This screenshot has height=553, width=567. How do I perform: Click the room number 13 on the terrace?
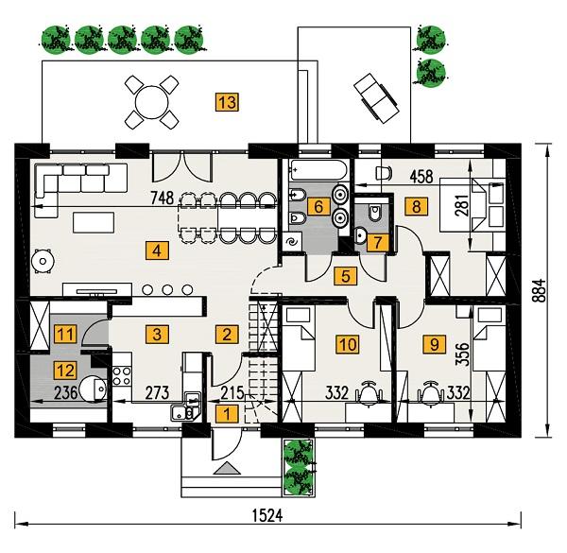tap(226, 100)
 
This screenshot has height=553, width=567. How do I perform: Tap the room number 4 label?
tap(151, 251)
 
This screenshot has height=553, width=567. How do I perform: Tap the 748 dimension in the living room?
tap(163, 197)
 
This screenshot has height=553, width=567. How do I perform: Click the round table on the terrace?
tap(151, 100)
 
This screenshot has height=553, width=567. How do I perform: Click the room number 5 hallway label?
tap(345, 276)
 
